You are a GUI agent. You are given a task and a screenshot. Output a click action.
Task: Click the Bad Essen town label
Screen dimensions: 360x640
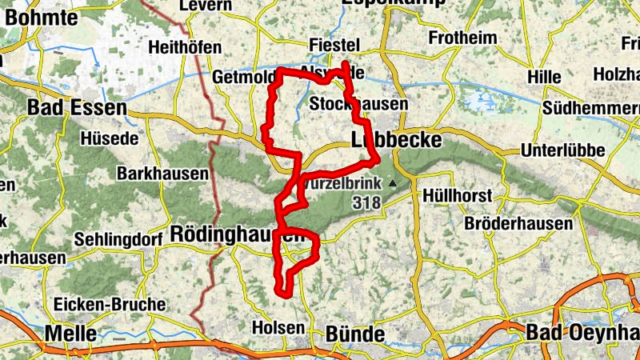77,107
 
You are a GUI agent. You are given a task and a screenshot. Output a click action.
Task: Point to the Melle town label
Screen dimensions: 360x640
72,333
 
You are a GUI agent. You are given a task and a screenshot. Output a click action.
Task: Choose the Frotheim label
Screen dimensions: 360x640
463,38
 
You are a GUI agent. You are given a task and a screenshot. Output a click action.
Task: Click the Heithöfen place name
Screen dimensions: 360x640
184,48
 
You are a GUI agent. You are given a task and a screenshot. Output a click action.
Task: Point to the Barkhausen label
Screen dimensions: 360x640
162,173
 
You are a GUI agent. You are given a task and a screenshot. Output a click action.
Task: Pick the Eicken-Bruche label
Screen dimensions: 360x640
109,304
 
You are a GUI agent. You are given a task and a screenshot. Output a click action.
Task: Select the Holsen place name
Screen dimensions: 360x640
278,328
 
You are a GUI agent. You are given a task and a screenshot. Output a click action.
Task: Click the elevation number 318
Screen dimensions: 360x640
366,203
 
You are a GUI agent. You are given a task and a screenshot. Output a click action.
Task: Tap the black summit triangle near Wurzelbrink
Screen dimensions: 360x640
392,183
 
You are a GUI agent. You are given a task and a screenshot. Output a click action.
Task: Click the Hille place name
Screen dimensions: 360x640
546,77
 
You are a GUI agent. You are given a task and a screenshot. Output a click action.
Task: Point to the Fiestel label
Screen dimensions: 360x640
335,45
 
